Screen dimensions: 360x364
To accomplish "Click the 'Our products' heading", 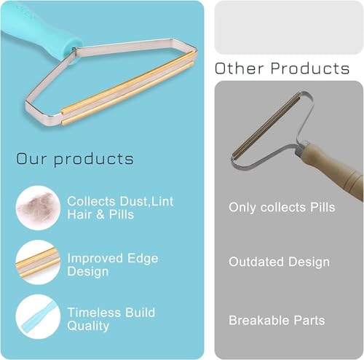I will click(75, 158).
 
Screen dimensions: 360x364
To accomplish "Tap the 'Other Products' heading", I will click(282, 69).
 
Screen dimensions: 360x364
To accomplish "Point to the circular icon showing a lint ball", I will click(37, 208).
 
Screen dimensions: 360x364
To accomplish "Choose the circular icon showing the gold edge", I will click(37, 262).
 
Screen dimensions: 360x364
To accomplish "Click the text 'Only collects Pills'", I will click(282, 208).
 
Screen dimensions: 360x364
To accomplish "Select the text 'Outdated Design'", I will click(279, 262).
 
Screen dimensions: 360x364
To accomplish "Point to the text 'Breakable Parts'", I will click(277, 320).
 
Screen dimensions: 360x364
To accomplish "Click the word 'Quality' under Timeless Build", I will click(89, 326).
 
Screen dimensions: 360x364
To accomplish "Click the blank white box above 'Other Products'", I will click(288, 27).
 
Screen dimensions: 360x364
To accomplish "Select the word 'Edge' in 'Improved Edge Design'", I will click(141, 259).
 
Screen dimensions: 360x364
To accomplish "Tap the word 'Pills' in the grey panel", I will click(320, 208).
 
